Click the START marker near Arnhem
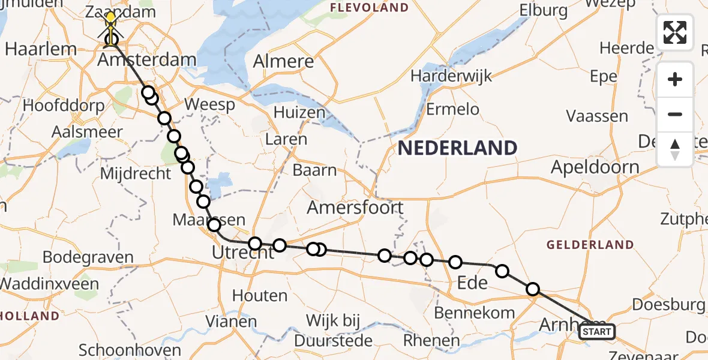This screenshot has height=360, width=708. (x=597, y=332)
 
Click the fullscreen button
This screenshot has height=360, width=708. (x=675, y=32)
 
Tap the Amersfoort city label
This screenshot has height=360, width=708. (x=355, y=208)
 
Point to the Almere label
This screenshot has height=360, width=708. (x=284, y=61)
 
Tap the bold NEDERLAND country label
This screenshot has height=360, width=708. (x=457, y=148)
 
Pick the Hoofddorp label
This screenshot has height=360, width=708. (x=63, y=105)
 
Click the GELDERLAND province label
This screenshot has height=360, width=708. (x=589, y=245)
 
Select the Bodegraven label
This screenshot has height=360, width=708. (x=88, y=258)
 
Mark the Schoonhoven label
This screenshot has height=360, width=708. (x=130, y=350)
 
